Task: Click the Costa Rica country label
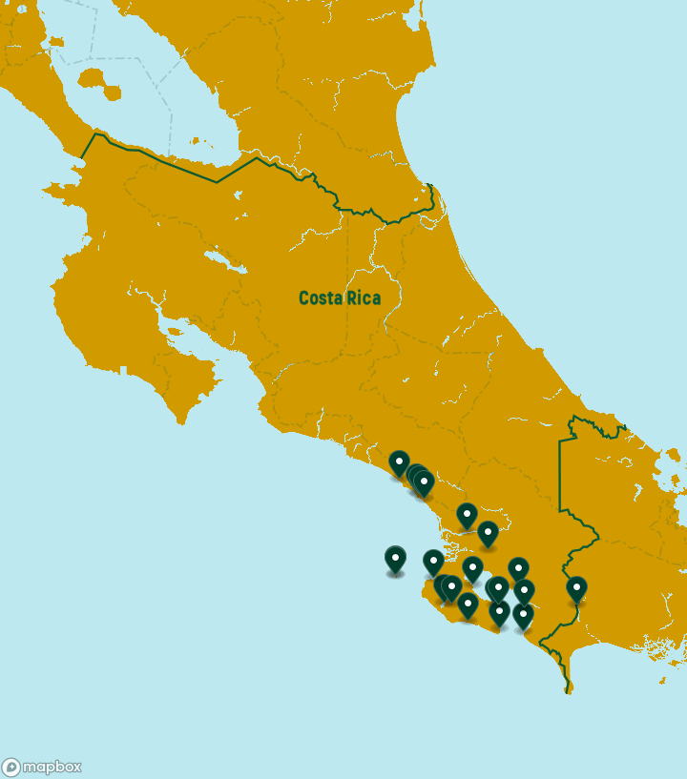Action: (339, 298)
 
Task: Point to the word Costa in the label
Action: (321, 298)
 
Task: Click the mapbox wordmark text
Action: (52, 767)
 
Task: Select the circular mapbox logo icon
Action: (11, 768)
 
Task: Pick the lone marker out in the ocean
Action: (395, 559)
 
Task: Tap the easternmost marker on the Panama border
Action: (576, 589)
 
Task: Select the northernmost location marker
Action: (399, 463)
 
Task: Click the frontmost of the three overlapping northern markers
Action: (425, 482)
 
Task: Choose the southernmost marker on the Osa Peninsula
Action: (468, 605)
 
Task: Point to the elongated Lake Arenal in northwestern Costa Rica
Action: (218, 258)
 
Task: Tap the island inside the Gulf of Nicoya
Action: (175, 333)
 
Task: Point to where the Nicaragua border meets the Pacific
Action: (82, 156)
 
